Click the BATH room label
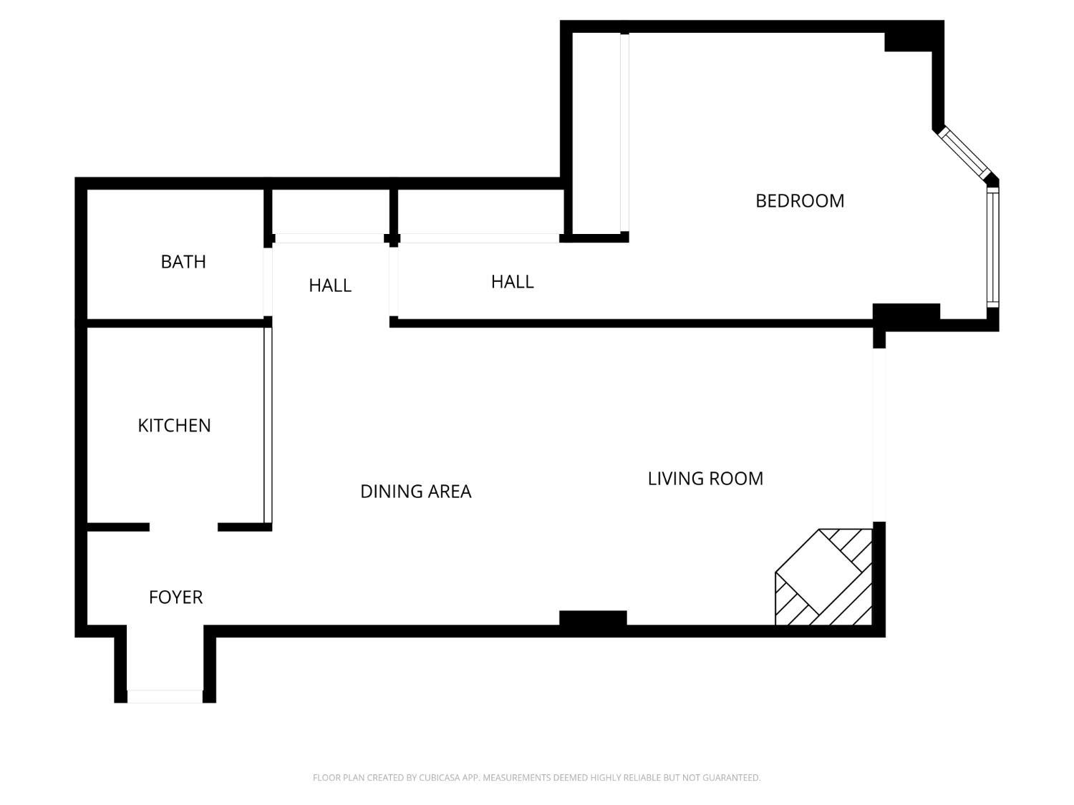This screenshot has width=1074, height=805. point(183,262)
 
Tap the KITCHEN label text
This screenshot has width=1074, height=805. point(174,426)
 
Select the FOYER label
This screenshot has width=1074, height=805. point(175,597)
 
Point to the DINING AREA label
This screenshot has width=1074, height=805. point(415,492)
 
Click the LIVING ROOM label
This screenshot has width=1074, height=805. point(705,479)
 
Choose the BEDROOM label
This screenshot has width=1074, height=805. point(800,201)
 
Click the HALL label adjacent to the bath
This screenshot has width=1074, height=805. point(330,286)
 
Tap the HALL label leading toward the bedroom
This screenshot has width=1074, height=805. point(512,282)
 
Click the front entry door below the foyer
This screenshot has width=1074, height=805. point(165,696)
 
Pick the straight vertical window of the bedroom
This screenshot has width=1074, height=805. point(992,247)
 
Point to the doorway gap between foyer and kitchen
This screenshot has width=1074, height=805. point(183,527)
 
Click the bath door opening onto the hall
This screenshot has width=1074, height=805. point(268,281)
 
